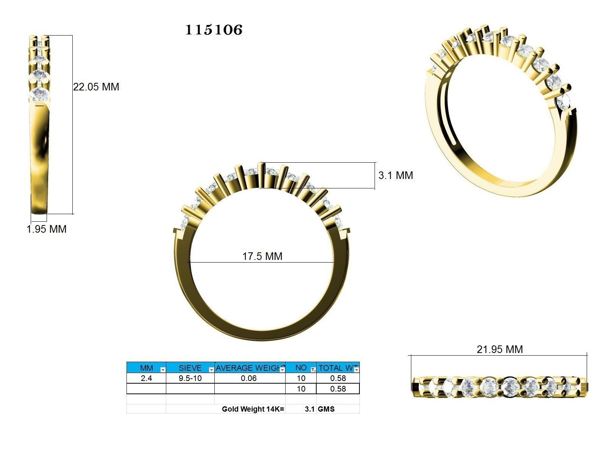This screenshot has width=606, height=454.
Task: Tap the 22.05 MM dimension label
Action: [x=96, y=87]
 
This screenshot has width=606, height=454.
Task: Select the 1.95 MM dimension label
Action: [x=47, y=229]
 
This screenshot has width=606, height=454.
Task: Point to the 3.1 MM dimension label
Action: [x=395, y=175]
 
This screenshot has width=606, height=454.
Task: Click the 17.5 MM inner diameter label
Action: [x=262, y=256]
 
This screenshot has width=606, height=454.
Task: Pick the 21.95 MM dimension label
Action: [x=499, y=349]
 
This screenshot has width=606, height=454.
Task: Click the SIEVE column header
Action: [x=190, y=368]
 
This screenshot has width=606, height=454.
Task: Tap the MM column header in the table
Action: [x=146, y=368]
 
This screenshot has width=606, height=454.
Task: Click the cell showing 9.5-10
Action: [x=190, y=378]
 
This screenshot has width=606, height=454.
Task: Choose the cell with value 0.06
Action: [x=248, y=378]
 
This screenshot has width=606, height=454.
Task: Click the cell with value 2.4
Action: [x=146, y=378]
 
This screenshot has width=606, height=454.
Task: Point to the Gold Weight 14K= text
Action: [x=253, y=409]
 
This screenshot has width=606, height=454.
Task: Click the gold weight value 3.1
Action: [x=309, y=409]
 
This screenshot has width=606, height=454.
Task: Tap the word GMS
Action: [x=326, y=409]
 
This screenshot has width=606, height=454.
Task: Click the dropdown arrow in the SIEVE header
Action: [x=211, y=370]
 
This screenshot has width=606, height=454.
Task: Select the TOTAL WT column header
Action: [x=337, y=368]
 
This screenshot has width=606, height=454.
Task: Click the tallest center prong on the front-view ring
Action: [x=261, y=175]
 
